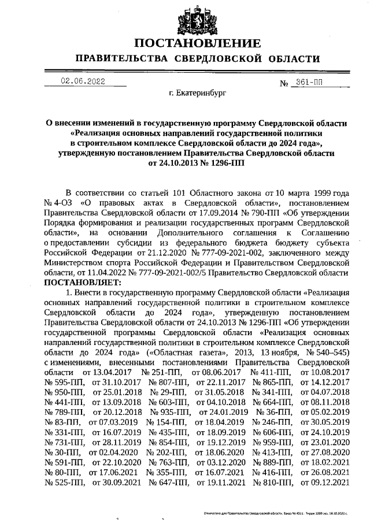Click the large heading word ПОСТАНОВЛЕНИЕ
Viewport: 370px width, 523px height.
pos(197,44)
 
